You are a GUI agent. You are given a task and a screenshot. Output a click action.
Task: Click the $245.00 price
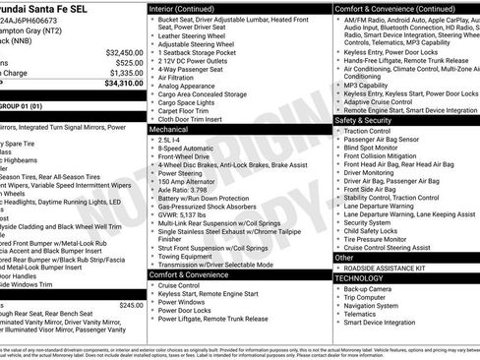130,305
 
